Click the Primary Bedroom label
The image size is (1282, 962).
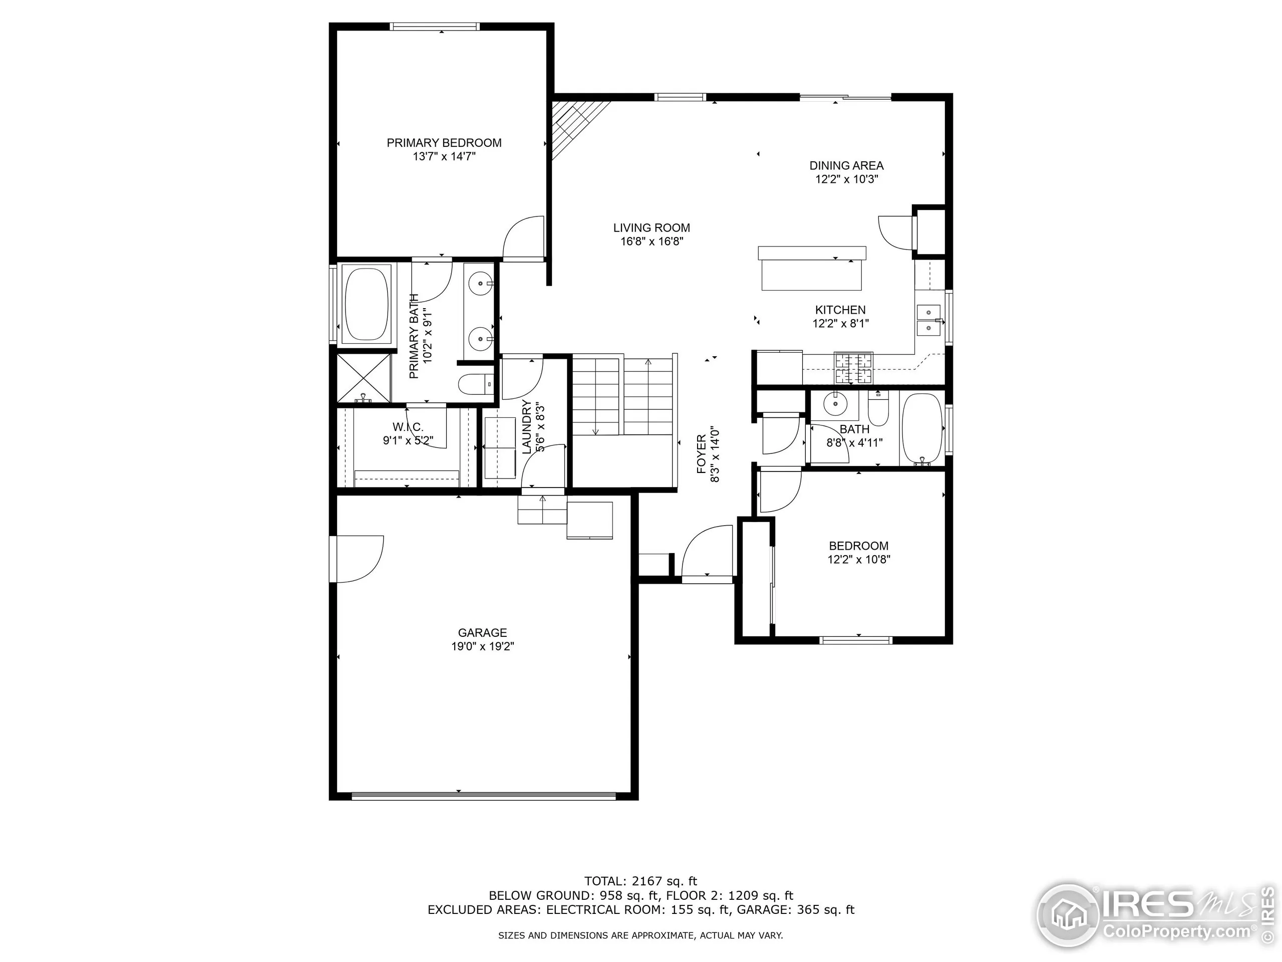(444, 143)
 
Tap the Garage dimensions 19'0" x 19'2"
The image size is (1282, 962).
(482, 646)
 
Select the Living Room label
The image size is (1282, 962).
(652, 228)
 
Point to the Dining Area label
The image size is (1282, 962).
(846, 165)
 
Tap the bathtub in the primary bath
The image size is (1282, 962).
(368, 303)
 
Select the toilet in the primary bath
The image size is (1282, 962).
(475, 384)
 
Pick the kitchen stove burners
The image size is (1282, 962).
(853, 367)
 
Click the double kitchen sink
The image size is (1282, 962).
(928, 321)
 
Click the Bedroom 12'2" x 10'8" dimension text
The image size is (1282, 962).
(858, 560)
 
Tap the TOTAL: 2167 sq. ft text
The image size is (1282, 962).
(640, 882)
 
